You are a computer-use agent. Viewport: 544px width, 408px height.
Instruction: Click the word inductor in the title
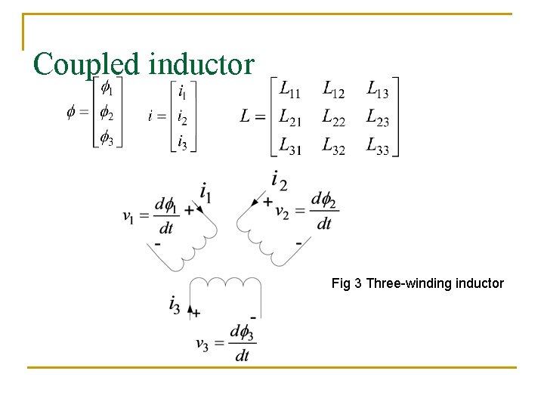pyautogui.click(x=202, y=64)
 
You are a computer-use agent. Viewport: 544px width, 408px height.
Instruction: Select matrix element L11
pyautogui.click(x=289, y=90)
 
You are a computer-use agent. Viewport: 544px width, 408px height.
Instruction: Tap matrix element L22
pyautogui.click(x=333, y=117)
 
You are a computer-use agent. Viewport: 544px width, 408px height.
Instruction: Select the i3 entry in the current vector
pyautogui.click(x=182, y=141)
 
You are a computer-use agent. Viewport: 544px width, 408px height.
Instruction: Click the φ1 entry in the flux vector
pyautogui.click(x=107, y=89)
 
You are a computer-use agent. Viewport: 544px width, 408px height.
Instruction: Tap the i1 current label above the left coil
pyautogui.click(x=206, y=192)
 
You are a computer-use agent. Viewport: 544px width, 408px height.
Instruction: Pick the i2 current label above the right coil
pyautogui.click(x=279, y=181)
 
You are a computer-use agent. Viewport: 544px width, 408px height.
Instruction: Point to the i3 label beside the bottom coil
pyautogui.click(x=175, y=305)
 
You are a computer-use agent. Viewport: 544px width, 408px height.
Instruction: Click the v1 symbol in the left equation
pyautogui.click(x=129, y=216)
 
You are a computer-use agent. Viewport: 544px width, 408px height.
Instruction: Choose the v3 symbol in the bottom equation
pyautogui.click(x=202, y=344)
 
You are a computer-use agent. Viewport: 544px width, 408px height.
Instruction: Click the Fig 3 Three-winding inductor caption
pyautogui.click(x=417, y=283)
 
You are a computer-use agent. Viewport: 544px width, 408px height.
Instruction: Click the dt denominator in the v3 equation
pyautogui.click(x=242, y=355)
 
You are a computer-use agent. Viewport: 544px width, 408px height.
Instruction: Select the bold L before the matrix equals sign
pyautogui.click(x=246, y=117)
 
